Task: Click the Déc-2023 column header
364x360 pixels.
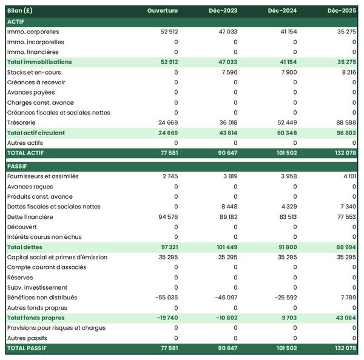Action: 223,11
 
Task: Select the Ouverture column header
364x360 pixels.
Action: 162,11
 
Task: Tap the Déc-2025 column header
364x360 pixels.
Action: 342,11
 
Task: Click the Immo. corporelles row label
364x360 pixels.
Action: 33,32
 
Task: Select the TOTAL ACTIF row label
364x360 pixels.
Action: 26,153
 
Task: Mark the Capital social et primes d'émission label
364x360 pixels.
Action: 57,257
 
